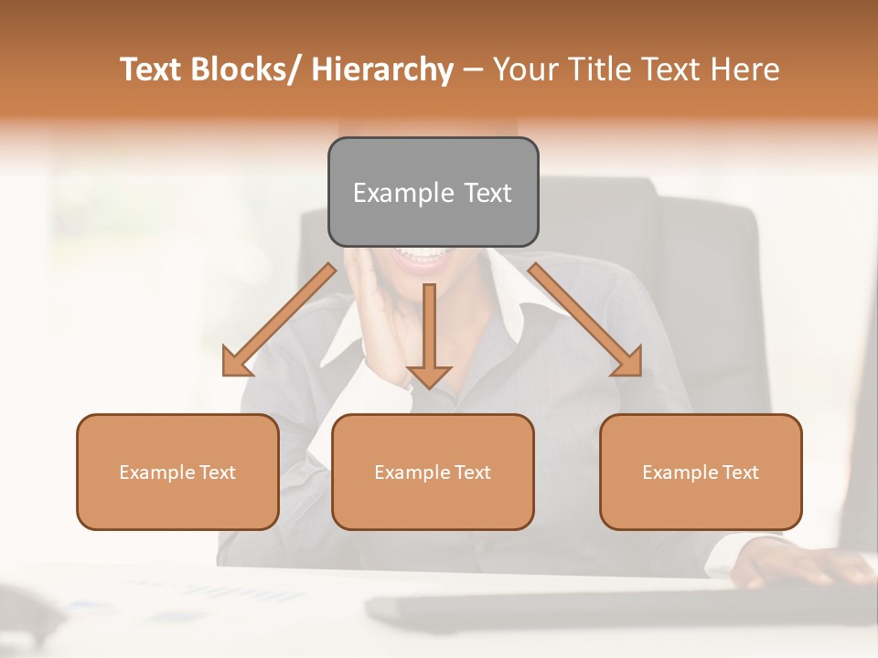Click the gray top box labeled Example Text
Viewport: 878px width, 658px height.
[x=433, y=192]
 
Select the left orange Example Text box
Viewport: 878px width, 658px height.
[x=177, y=472]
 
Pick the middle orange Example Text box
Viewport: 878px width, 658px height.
[x=433, y=472]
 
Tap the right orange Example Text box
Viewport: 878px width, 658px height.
[x=701, y=472]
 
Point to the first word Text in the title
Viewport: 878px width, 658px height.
[x=154, y=69]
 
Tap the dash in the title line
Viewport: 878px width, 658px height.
[x=473, y=69]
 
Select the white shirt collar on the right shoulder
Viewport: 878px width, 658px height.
[x=508, y=292]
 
